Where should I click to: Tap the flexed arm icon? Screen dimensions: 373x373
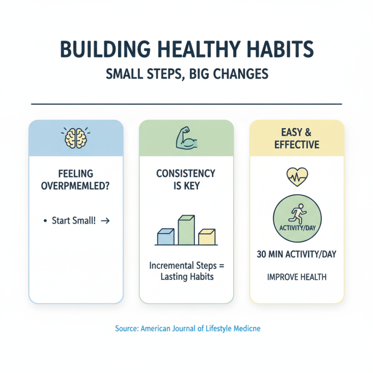coord(186,138)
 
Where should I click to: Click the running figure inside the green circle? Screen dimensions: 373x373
coord(297,214)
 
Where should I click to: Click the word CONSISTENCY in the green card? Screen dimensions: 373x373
coord(186,173)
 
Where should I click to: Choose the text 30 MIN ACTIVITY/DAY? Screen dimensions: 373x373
coord(297,255)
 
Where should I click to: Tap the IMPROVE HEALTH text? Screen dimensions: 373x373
coord(297,277)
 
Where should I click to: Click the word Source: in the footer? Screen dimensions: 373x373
coord(126,329)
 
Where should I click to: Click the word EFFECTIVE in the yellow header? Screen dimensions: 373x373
coord(297,144)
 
